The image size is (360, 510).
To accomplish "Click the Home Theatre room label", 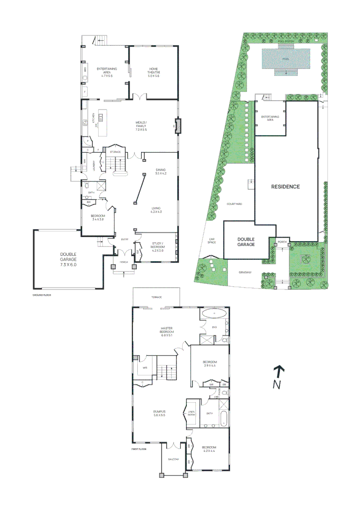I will (154, 72).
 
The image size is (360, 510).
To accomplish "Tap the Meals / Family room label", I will (142, 126).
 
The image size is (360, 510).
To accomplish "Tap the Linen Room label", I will (191, 413).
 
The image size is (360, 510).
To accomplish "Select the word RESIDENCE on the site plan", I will (285, 187).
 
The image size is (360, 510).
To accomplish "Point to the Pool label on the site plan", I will (285, 59).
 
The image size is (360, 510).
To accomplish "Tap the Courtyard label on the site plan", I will (234, 204).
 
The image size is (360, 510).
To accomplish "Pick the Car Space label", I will (212, 241).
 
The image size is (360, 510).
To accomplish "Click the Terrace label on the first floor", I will (157, 297).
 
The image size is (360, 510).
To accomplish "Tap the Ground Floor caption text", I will (42, 295).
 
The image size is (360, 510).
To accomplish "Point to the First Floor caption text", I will (139, 449).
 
